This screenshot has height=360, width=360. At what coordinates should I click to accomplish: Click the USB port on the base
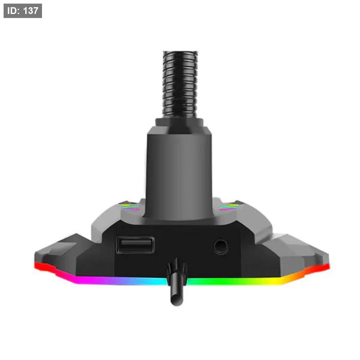point(135,245)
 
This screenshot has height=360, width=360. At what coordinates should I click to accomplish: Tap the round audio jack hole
point(221,247)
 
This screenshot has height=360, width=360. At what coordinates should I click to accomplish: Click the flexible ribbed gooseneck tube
point(180,84)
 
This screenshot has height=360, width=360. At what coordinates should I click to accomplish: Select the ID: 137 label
point(23,11)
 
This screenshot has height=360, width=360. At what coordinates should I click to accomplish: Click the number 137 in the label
point(30,11)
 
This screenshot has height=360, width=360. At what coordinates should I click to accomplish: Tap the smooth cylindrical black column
point(179,172)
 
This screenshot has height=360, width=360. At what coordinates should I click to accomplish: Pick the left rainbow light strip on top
point(130,207)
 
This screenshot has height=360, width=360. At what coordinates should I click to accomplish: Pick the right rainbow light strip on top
point(229,207)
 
